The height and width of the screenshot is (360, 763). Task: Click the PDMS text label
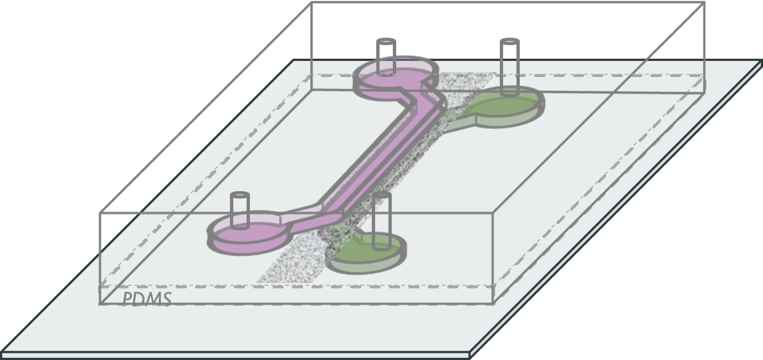[x=146, y=299]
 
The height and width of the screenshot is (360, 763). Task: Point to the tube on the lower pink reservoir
[x=239, y=210]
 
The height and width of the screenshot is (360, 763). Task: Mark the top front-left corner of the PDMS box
[x=100, y=213]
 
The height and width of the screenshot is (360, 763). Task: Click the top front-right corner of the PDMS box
[x=494, y=213]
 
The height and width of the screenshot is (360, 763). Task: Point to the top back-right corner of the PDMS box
[x=704, y=3]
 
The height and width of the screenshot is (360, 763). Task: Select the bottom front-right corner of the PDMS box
[x=494, y=303]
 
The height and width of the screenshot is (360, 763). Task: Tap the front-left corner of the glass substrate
[x=3, y=353]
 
